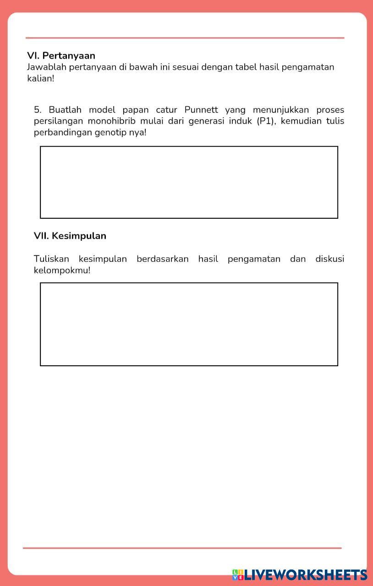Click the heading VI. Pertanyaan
pyautogui.click(x=61, y=56)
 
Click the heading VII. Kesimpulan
pyautogui.click(x=70, y=236)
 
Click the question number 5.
pyautogui.click(x=38, y=110)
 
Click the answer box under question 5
pyautogui.click(x=189, y=182)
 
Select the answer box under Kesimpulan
pyautogui.click(x=189, y=324)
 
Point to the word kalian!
pyautogui.click(x=40, y=78)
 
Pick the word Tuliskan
pyautogui.click(x=51, y=259)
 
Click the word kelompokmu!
pyautogui.click(x=62, y=271)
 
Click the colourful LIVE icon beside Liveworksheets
pyautogui.click(x=237, y=575)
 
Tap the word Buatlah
pyautogui.click(x=65, y=110)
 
